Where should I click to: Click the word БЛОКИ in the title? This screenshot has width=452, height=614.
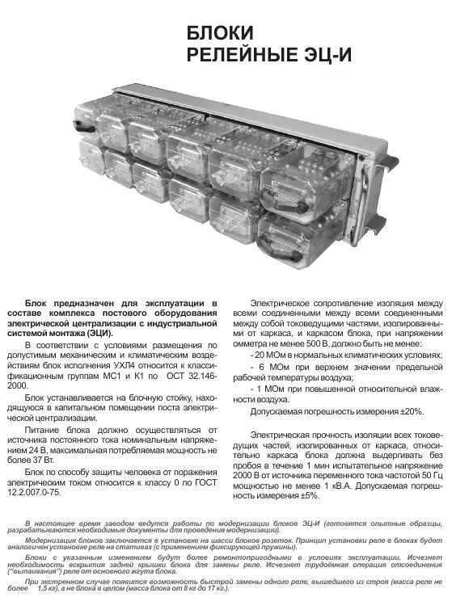tap(220, 33)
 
